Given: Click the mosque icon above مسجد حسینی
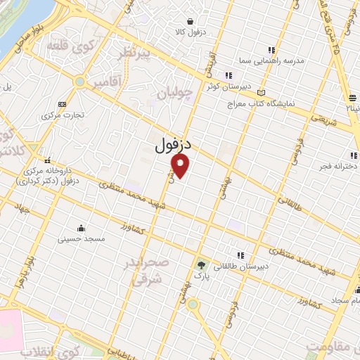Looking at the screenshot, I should point(82,228).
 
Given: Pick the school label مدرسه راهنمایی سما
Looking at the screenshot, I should point(274,61).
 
